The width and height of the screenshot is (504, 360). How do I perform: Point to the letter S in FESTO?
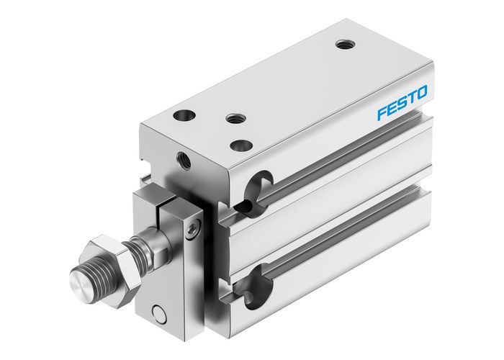(x=402, y=102)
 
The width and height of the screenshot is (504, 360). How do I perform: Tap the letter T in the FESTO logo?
(x=411, y=97)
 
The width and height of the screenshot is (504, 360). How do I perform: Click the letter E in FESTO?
(x=392, y=107)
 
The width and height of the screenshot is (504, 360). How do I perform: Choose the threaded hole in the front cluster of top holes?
(x=233, y=118)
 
